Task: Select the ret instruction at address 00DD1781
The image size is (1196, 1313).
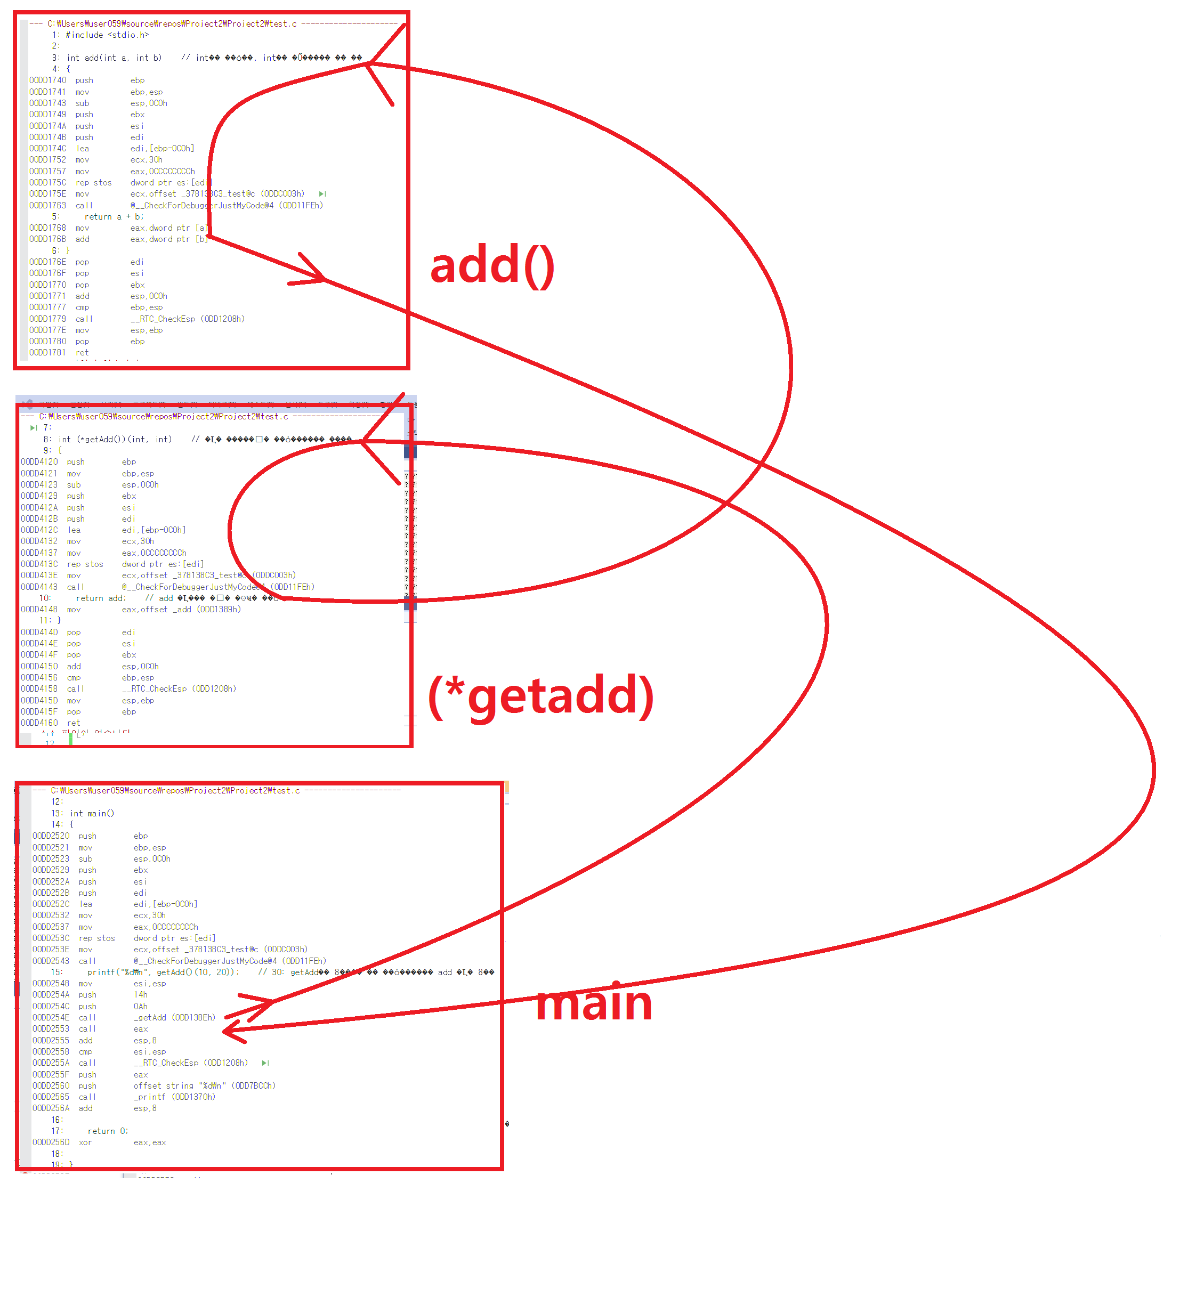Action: point(82,353)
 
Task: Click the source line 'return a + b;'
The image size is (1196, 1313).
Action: point(114,217)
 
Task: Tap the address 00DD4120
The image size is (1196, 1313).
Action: point(39,463)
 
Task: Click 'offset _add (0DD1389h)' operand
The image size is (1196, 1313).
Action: point(181,610)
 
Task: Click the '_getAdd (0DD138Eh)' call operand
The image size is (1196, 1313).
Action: point(174,1018)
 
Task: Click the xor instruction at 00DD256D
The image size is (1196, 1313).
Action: point(85,1143)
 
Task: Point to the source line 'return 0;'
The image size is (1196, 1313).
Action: point(108,1131)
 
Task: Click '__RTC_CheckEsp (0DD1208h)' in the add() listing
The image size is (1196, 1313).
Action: point(187,319)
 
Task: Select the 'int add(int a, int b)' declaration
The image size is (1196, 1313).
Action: point(114,58)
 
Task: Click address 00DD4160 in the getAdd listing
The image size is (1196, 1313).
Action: point(39,724)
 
